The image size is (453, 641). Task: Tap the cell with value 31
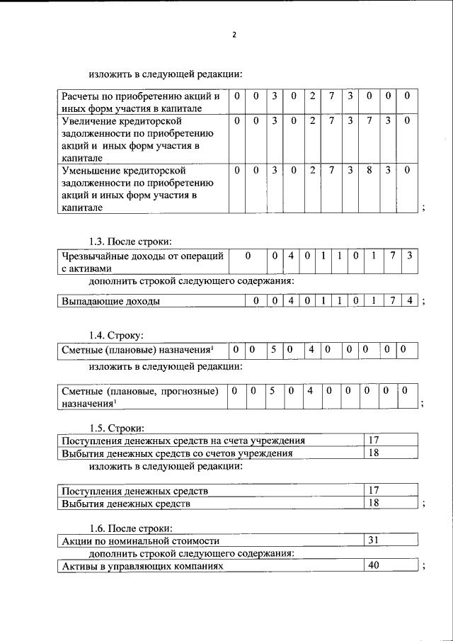pyautogui.click(x=374, y=541)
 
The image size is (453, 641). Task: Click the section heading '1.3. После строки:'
pyautogui.click(x=131, y=242)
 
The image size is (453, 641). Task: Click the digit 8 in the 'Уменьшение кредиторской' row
pyautogui.click(x=369, y=170)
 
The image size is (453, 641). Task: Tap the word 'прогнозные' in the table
pyautogui.click(x=186, y=391)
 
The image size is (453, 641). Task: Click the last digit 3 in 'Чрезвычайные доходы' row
pyautogui.click(x=410, y=255)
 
